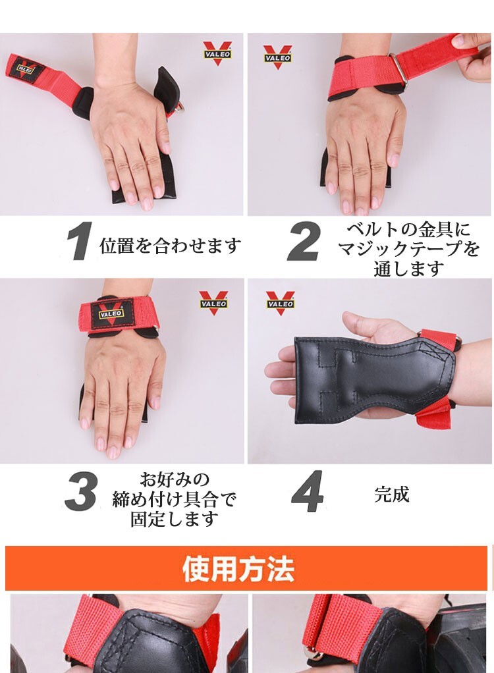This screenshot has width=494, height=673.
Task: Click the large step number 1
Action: point(80,241)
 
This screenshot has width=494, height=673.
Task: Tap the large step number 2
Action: point(303,241)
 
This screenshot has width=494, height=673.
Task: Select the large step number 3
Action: point(81,491)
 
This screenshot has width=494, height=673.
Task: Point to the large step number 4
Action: point(307,491)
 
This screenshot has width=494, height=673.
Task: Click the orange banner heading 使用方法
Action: point(238,569)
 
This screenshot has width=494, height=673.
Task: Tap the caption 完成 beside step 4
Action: point(391,494)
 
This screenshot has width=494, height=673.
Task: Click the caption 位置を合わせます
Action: point(170,246)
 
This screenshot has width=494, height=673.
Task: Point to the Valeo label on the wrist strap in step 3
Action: point(111,313)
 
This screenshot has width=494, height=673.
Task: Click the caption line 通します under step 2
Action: point(408,269)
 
